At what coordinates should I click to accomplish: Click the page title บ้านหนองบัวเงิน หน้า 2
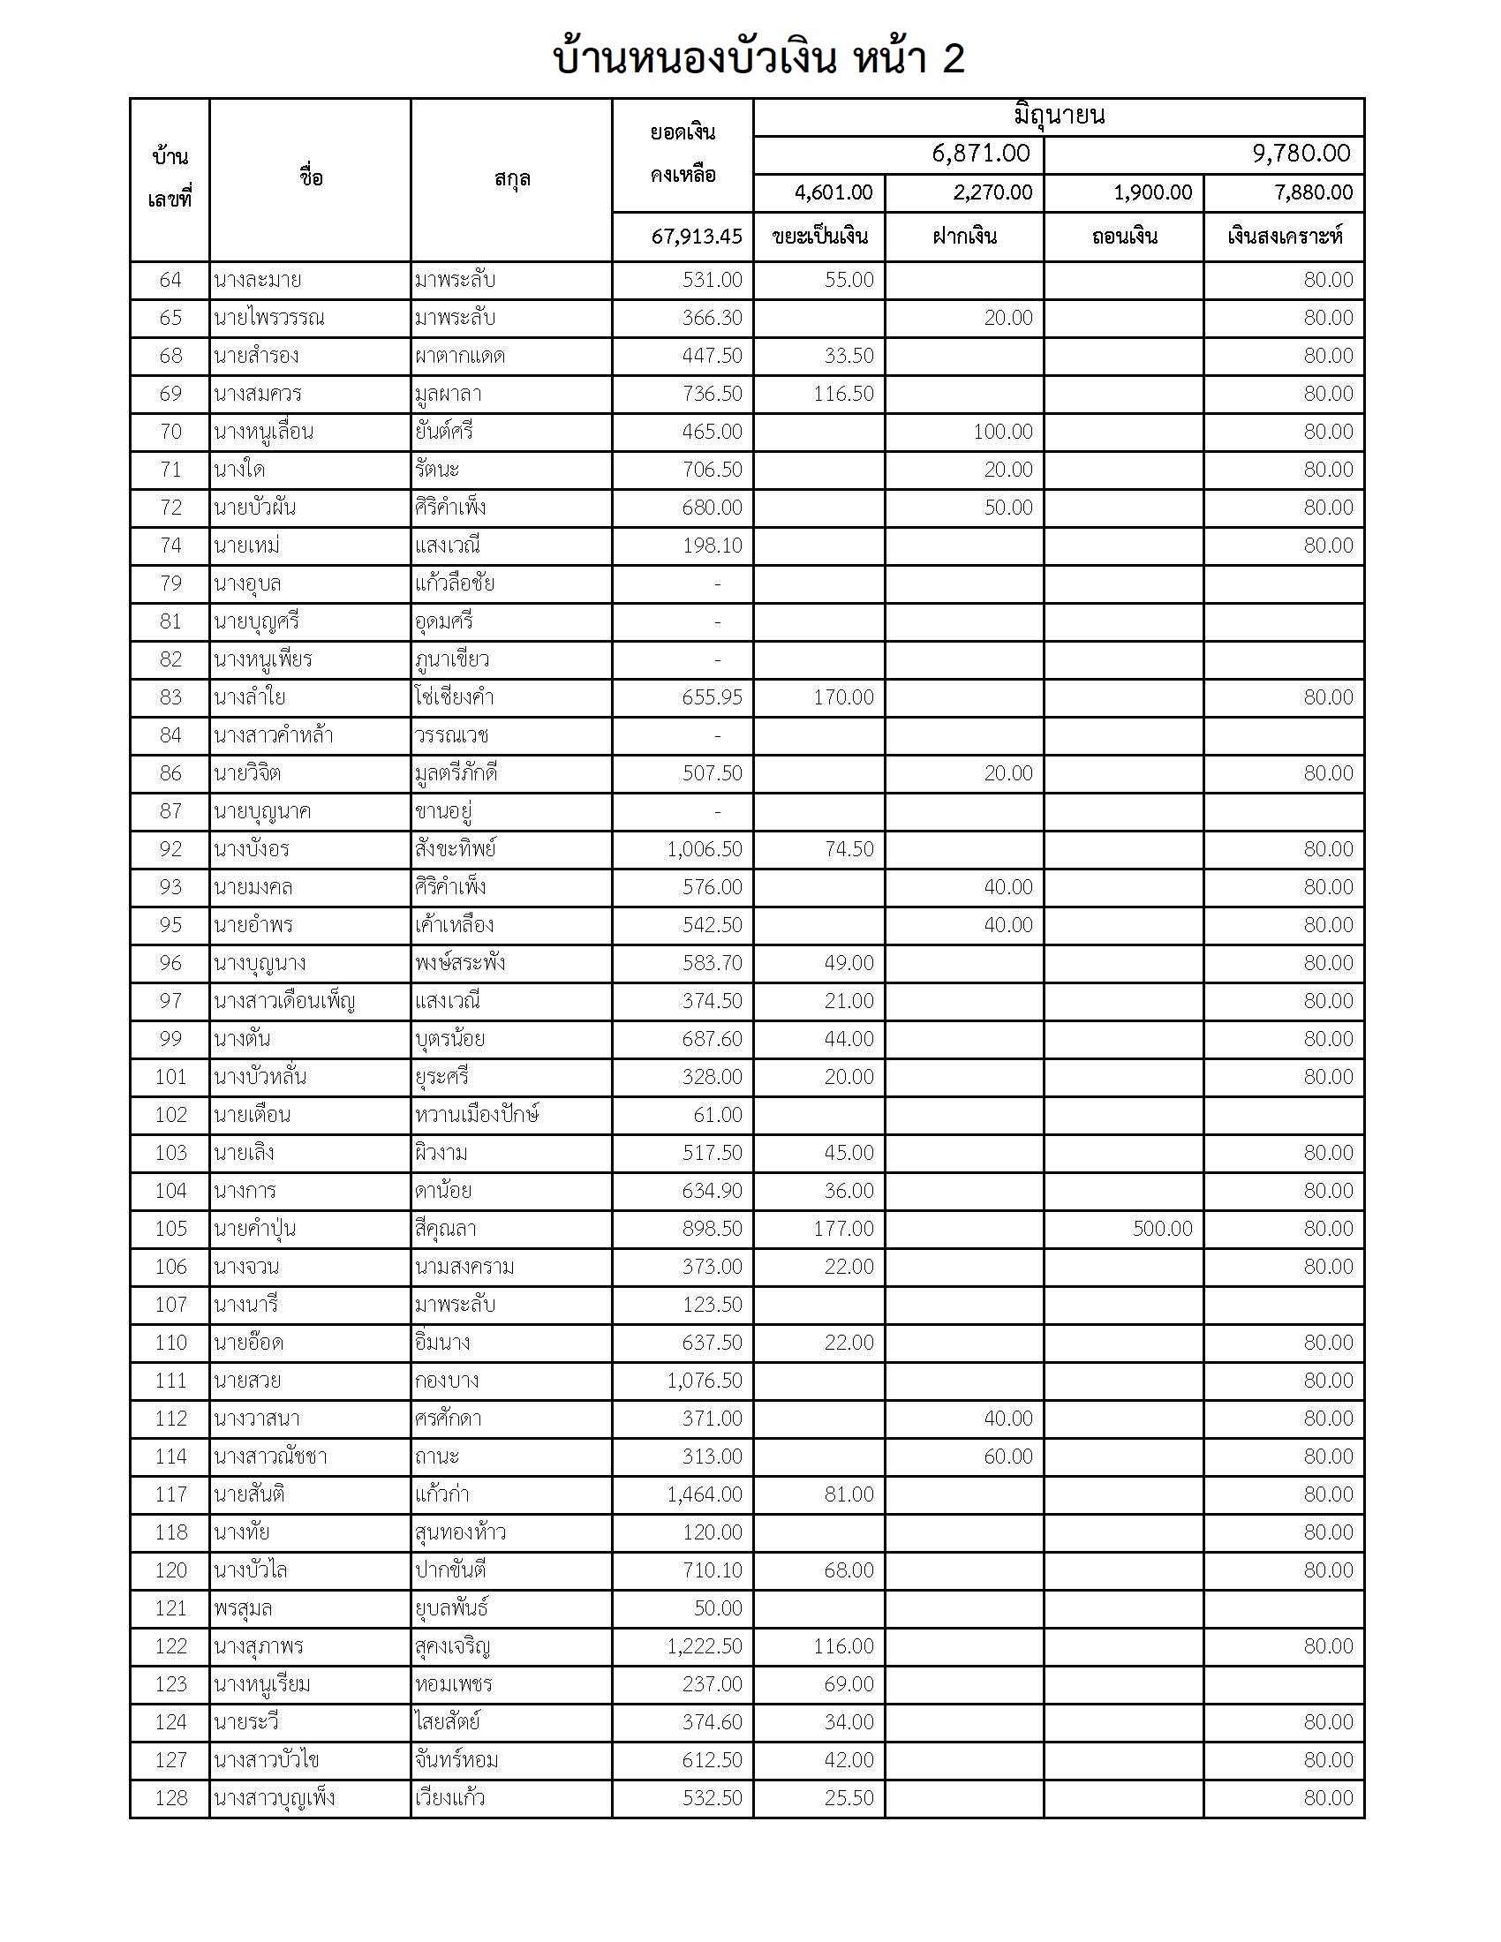(x=758, y=59)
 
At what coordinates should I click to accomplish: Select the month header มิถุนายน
(x=1058, y=117)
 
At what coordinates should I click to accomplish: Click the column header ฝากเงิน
(x=964, y=237)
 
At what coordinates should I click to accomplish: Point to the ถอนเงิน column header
(x=1124, y=237)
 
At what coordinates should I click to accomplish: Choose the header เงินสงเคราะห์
(x=1284, y=237)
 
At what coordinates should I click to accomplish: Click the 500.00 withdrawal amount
(x=1162, y=1229)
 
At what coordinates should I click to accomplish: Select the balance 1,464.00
(x=705, y=1494)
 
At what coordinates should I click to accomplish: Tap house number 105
(x=170, y=1229)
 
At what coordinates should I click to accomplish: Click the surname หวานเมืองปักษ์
(x=477, y=1115)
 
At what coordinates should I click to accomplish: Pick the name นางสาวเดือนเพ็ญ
(x=283, y=1001)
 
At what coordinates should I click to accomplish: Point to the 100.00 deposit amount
(x=1002, y=433)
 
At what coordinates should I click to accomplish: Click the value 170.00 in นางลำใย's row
(x=843, y=697)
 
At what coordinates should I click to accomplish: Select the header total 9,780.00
(x=1301, y=154)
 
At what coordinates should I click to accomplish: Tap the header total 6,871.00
(x=980, y=154)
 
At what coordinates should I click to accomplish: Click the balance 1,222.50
(x=705, y=1646)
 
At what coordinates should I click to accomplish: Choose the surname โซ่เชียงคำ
(x=455, y=697)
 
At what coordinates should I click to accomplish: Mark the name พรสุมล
(x=243, y=1608)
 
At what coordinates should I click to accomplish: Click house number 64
(x=170, y=280)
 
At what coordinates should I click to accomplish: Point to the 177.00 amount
(x=843, y=1229)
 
